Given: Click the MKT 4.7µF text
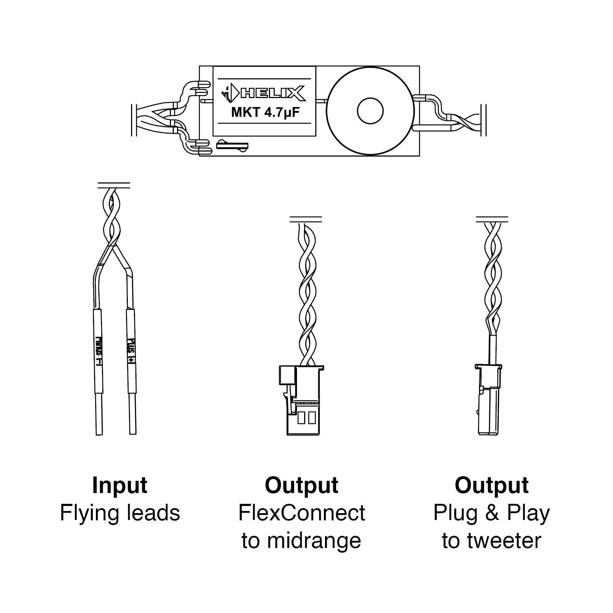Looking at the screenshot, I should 265,113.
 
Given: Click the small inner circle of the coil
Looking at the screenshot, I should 370,111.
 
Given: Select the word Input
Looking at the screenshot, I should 120,486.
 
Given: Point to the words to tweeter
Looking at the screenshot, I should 491,540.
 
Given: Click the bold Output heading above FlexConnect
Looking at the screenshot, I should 302,486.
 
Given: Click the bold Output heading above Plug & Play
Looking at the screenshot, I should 491,486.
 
